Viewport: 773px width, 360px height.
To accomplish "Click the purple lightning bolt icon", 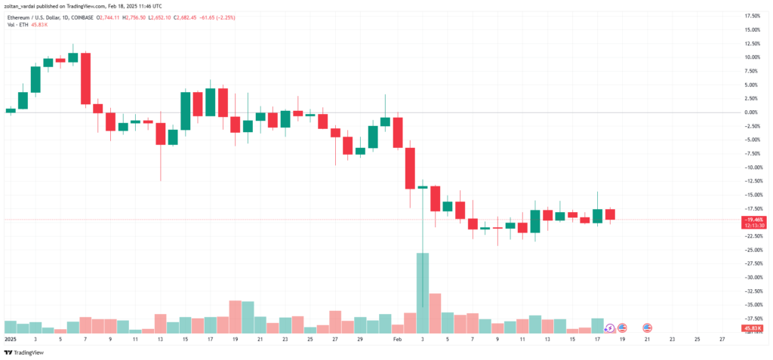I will (x=610, y=328).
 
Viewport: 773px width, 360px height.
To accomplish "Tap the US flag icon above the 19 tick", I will (x=622, y=328).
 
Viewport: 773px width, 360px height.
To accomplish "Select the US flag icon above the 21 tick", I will (x=647, y=328).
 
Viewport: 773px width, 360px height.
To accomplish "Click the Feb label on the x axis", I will (x=398, y=340).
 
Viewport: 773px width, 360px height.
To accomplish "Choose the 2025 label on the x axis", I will (x=10, y=340).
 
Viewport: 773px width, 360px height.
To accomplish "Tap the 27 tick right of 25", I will (x=722, y=340).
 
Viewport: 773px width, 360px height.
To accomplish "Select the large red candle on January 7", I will (x=86, y=78).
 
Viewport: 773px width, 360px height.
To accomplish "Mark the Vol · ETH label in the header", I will (x=16, y=25).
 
